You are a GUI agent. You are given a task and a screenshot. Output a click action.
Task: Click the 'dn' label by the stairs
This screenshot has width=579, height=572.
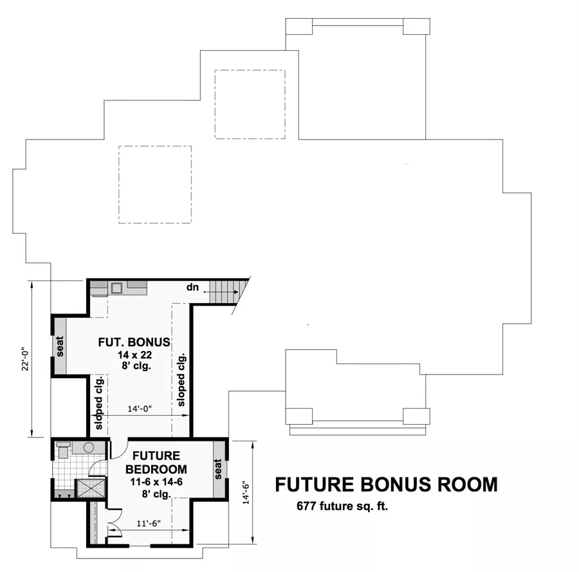pyautogui.click(x=192, y=287)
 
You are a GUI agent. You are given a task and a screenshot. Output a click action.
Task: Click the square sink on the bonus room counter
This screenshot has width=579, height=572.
pyautogui.click(x=118, y=288)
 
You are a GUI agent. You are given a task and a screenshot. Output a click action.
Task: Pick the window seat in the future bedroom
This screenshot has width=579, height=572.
pyautogui.click(x=218, y=468)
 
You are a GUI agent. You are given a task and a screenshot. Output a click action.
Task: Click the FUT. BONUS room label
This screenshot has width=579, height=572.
pyautogui.click(x=134, y=342)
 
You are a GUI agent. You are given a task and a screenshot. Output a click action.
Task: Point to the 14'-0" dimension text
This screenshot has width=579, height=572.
pyautogui.click(x=140, y=409)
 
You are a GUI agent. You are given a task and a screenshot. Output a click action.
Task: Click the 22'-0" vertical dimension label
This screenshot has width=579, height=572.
pyautogui.click(x=25, y=358)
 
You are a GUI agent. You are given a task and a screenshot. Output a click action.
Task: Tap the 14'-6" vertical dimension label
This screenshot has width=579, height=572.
pyautogui.click(x=246, y=494)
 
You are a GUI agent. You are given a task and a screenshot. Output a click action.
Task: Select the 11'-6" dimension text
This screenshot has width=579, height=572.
pyautogui.click(x=149, y=523)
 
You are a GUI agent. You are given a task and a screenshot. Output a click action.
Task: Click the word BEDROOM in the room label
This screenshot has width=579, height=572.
pyautogui.click(x=156, y=469)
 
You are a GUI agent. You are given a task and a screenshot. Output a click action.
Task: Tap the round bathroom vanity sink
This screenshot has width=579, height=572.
pyautogui.click(x=89, y=448)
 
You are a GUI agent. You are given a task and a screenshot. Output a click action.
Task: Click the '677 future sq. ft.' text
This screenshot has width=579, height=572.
pyautogui.click(x=342, y=506)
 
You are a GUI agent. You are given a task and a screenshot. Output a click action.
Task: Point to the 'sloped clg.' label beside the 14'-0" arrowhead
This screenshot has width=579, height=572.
pyautogui.click(x=181, y=380)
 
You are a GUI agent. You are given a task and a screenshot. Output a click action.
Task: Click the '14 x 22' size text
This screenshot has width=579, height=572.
pyautogui.click(x=135, y=355)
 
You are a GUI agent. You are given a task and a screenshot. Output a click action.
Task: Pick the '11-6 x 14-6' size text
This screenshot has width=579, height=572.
pyautogui.click(x=156, y=482)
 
